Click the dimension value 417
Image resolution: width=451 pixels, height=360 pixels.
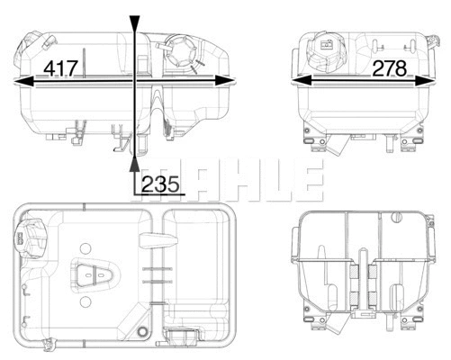pyautogui.click(x=59, y=67)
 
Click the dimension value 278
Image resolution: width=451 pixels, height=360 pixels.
pyautogui.click(x=388, y=67)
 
